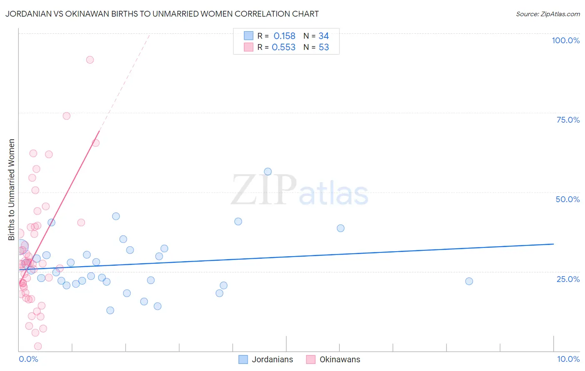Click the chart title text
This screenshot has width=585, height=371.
click(162, 14)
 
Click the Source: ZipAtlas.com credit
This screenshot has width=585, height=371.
click(548, 14)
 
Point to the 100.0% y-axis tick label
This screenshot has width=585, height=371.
click(565, 40)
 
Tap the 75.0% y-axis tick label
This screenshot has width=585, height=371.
click(568, 120)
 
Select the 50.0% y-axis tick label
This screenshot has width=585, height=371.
click(568, 199)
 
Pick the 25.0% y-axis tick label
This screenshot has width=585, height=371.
click(568, 279)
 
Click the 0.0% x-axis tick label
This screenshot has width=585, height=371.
click(28, 359)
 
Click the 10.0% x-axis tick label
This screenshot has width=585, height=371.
click(568, 359)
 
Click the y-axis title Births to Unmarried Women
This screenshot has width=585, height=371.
click(12, 189)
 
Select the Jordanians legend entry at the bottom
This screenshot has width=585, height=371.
click(266, 359)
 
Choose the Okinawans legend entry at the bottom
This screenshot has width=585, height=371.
click(334, 359)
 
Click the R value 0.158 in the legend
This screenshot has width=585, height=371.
click(284, 36)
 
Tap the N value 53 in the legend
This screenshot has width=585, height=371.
click(324, 47)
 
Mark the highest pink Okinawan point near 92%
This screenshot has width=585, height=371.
click(90, 60)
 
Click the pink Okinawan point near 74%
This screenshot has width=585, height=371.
click(67, 116)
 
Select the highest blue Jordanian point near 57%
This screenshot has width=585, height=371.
click(268, 172)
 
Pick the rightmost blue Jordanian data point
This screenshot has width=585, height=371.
click(469, 281)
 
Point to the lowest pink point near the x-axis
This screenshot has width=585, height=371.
click(38, 346)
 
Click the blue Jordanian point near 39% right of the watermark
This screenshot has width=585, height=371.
click(340, 228)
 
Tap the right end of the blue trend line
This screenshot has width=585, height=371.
click(553, 244)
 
